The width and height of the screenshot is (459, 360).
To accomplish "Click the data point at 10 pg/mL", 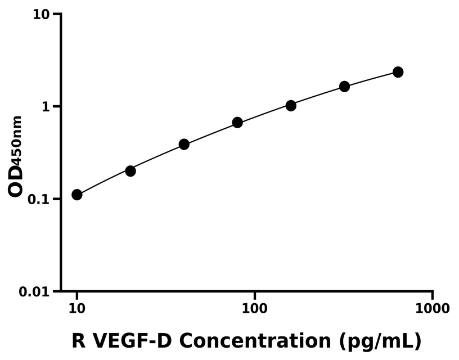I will click(x=77, y=195).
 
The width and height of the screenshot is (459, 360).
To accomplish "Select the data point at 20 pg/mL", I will click(x=130, y=171).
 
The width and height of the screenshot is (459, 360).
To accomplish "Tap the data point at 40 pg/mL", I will click(x=184, y=145).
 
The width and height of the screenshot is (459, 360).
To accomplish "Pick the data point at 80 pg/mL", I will click(x=237, y=123).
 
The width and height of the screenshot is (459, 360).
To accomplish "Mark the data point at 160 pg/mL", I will click(x=291, y=106).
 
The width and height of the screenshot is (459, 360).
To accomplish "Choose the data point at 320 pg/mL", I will click(x=344, y=87).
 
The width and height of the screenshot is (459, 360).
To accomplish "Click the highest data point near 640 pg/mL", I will click(x=398, y=72).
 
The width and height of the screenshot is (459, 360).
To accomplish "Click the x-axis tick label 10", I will click(x=77, y=309).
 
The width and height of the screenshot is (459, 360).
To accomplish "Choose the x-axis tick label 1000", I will click(x=432, y=309).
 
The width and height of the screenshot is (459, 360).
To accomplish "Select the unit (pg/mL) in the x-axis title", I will click(x=380, y=341).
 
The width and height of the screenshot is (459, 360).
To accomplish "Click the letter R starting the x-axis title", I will click(x=79, y=341).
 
